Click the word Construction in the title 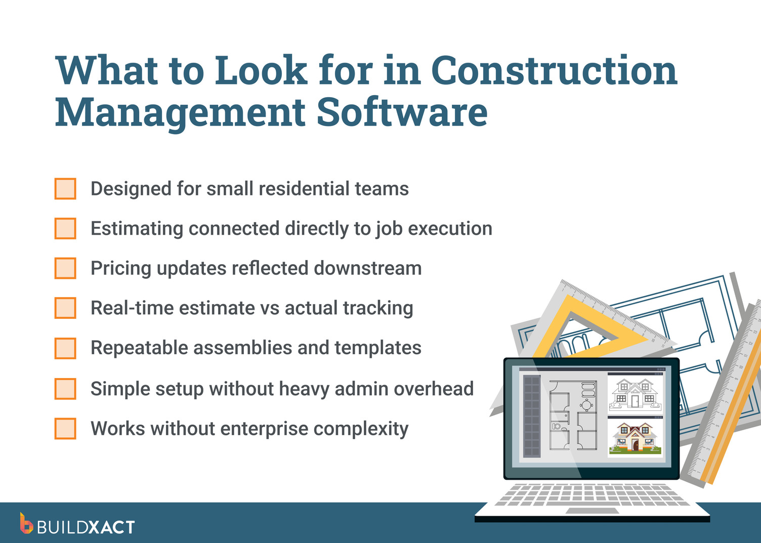pos(554,71)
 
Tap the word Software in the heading pos(402,112)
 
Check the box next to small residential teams pos(65,189)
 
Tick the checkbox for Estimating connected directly pos(65,229)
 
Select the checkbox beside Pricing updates pos(65,268)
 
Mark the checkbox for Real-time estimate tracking pos(65,308)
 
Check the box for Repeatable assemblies pos(65,348)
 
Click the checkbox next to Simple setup pos(65,389)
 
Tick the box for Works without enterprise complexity pos(65,429)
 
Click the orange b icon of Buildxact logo pos(26,524)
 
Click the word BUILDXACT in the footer pos(86,527)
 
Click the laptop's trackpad pos(588,511)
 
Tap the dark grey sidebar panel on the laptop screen pos(531,416)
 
